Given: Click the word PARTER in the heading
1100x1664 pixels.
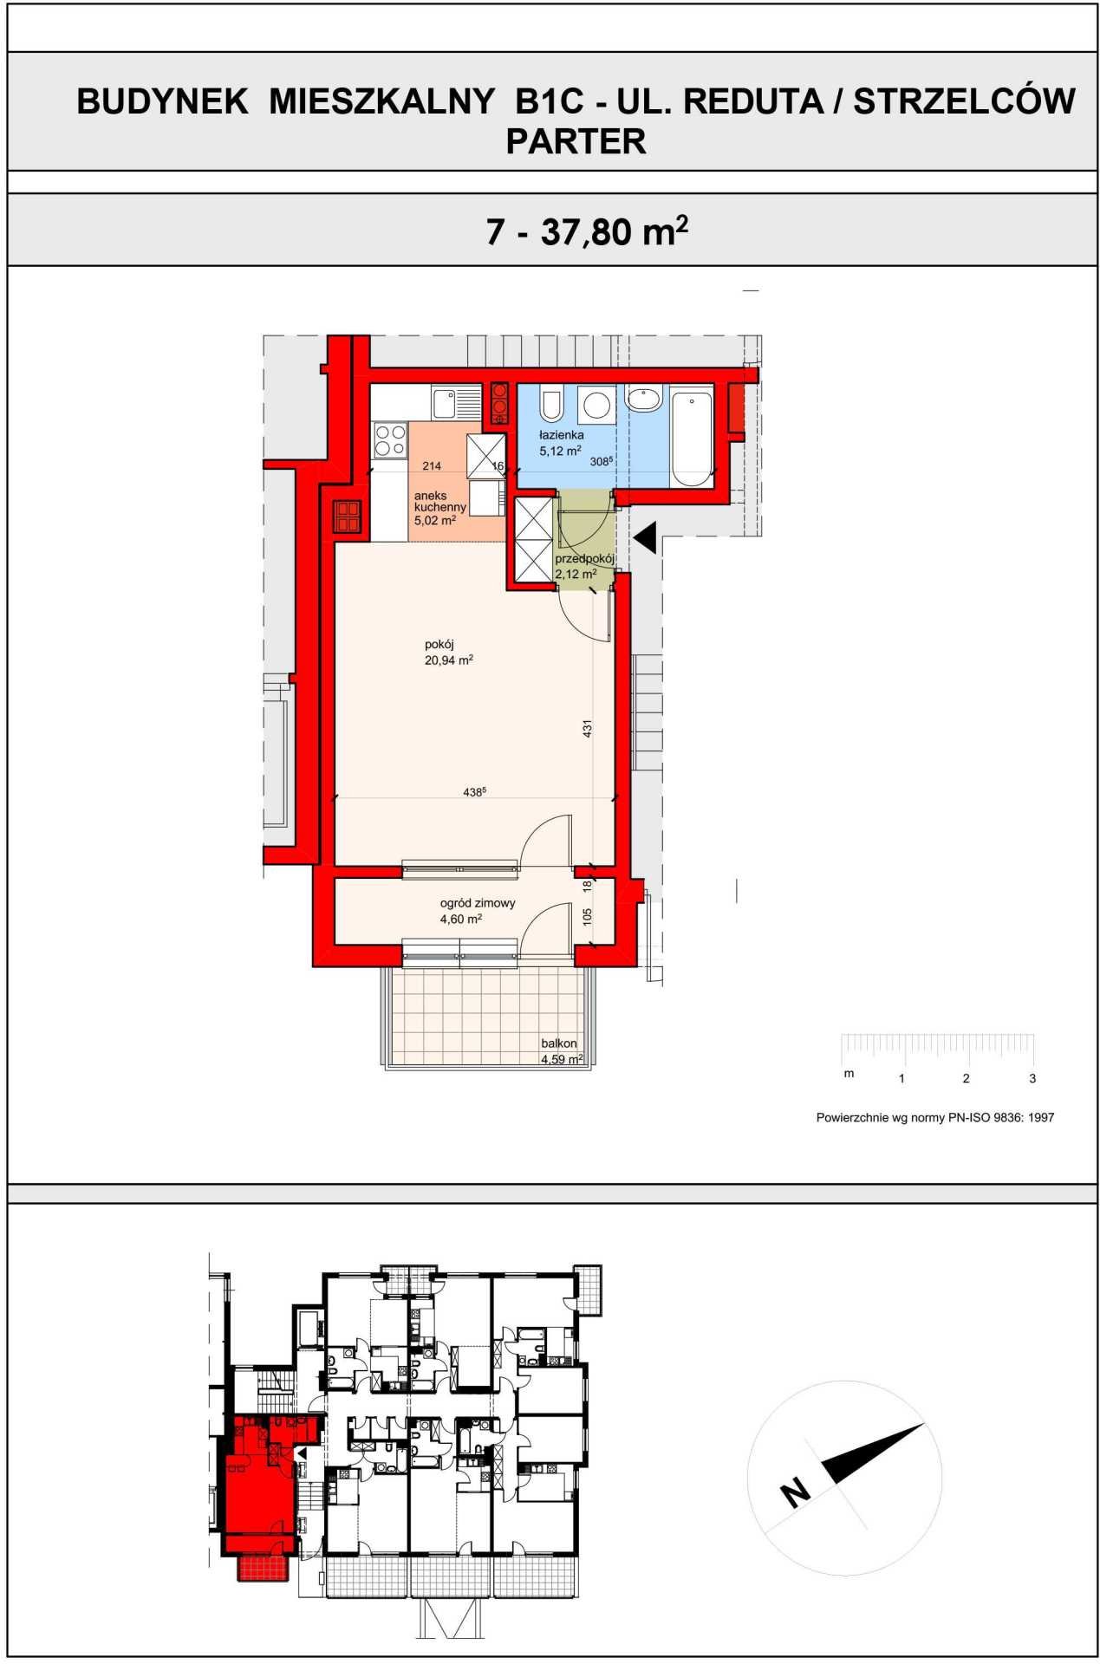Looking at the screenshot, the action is pyautogui.click(x=576, y=141).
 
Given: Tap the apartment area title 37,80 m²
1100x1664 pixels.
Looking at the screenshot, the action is pyautogui.click(x=615, y=231).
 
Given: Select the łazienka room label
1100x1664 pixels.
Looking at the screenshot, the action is pyautogui.click(x=561, y=435).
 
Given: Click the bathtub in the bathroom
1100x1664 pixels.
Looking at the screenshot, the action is pyautogui.click(x=691, y=438).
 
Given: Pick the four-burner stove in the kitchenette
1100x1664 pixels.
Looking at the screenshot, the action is pyautogui.click(x=389, y=439).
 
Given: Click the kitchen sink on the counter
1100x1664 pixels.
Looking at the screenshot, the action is pyautogui.click(x=456, y=403).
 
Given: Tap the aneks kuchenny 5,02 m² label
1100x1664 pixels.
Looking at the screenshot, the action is pyautogui.click(x=440, y=508).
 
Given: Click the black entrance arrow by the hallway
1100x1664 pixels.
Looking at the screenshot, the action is pyautogui.click(x=646, y=537).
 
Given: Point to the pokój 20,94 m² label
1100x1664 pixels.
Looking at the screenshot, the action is pyautogui.click(x=448, y=652).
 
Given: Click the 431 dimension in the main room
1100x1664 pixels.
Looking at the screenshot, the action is pyautogui.click(x=587, y=728).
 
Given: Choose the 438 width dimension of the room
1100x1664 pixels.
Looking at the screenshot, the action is pyautogui.click(x=474, y=792).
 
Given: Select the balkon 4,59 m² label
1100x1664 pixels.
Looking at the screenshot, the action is pyautogui.click(x=562, y=1051).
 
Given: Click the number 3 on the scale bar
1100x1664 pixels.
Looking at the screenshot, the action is pyautogui.click(x=1032, y=1079).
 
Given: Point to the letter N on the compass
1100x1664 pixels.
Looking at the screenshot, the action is pyautogui.click(x=795, y=1493).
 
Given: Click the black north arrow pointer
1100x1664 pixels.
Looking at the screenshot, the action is pyautogui.click(x=871, y=1453).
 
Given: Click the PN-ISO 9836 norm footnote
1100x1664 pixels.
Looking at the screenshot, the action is pyautogui.click(x=935, y=1117).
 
